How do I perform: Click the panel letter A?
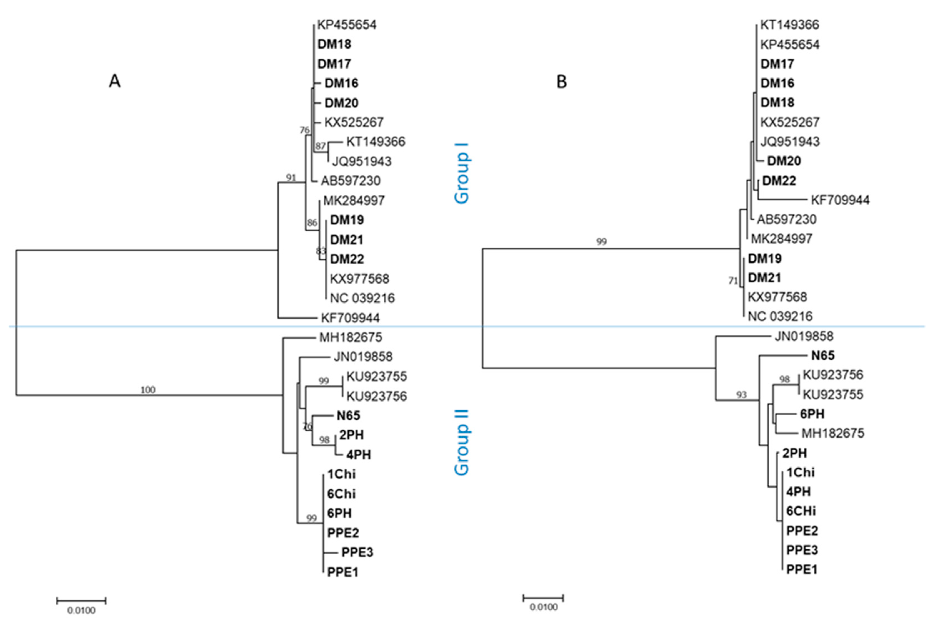pos(115,82)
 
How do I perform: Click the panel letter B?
pos(561,82)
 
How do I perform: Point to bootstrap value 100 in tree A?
pos(148,390)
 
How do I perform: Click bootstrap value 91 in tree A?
pos(291,178)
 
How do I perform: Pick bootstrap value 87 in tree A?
pos(320,146)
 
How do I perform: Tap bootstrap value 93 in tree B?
pos(741,395)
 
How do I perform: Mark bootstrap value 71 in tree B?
pos(733,281)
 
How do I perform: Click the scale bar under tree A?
pos(81,601)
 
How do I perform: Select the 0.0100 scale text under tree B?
pos(543,607)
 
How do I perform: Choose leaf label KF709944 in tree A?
pos(350,318)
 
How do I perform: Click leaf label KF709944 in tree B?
pos(840,200)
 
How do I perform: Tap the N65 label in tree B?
pos(823,356)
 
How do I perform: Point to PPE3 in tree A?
pos(357,552)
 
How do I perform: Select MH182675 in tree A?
pos(350,337)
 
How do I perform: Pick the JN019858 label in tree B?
pos(804,336)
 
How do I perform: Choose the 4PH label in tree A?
pos(358,455)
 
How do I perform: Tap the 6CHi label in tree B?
pos(801,511)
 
